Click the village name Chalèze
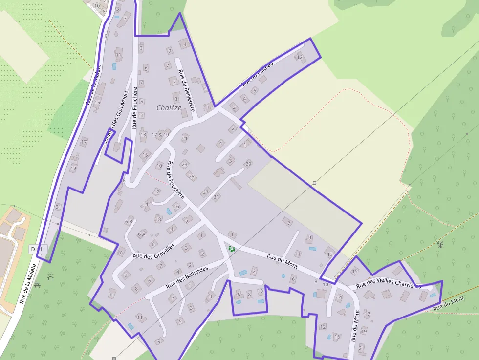pyautogui.click(x=169, y=107)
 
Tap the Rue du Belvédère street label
pyautogui.click(x=187, y=90)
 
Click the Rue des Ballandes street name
pyautogui.click(x=187, y=276)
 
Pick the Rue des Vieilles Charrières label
pyautogui.click(x=389, y=286)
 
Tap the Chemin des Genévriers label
pyautogui.click(x=115, y=117)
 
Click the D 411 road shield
pyautogui.click(x=38, y=249)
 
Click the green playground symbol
pyautogui.click(x=232, y=249)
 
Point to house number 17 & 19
pyautogui.click(x=160, y=134)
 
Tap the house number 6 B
pyautogui.click(x=129, y=222)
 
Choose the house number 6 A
pyautogui.click(x=141, y=234)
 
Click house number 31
pyautogui.click(x=217, y=197)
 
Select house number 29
pyautogui.click(x=248, y=164)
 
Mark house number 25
pyautogui.click(x=191, y=176)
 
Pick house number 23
pyautogui.click(x=184, y=164)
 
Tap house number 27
pyautogui.click(x=206, y=191)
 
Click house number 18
pyautogui.click(x=158, y=219)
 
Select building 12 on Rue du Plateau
pyautogui.click(x=300, y=58)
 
